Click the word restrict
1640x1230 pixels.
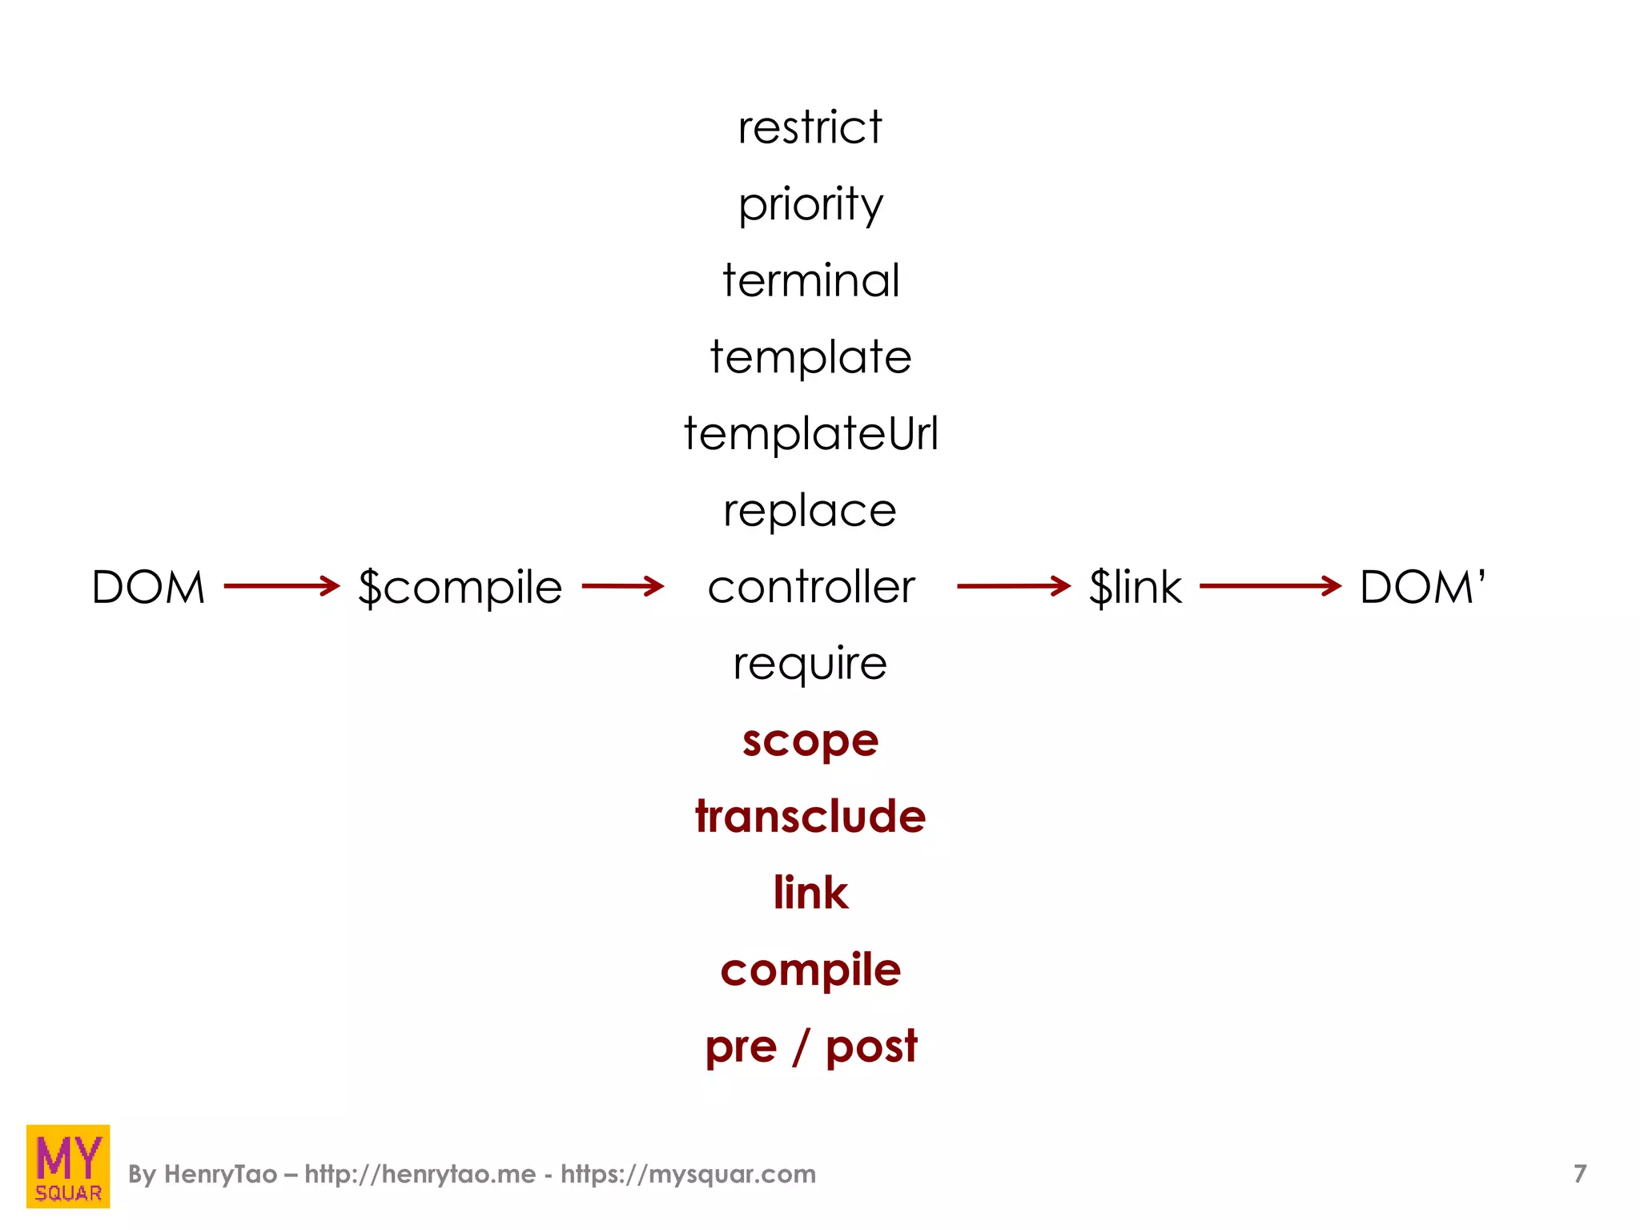(x=810, y=128)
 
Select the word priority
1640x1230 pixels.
(x=810, y=205)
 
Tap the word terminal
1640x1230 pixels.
(x=810, y=280)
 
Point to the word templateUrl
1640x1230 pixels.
(x=810, y=434)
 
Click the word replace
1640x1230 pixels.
(x=810, y=511)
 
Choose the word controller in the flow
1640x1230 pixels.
(x=810, y=587)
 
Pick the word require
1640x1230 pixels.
(x=810, y=664)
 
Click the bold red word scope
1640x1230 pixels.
(x=810, y=742)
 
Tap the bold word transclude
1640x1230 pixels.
(x=810, y=817)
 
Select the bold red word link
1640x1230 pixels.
(x=810, y=893)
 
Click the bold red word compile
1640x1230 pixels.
(x=810, y=971)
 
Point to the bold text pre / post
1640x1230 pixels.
(x=810, y=1047)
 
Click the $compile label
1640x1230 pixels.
(x=460, y=588)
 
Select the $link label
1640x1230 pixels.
(x=1135, y=587)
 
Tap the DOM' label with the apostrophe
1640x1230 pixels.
(x=1422, y=587)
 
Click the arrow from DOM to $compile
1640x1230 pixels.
(x=282, y=586)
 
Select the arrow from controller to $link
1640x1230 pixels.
(x=1014, y=586)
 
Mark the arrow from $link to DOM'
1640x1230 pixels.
(x=1270, y=586)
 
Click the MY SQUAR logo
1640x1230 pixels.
(x=68, y=1166)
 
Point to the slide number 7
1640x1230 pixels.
(x=1579, y=1174)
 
